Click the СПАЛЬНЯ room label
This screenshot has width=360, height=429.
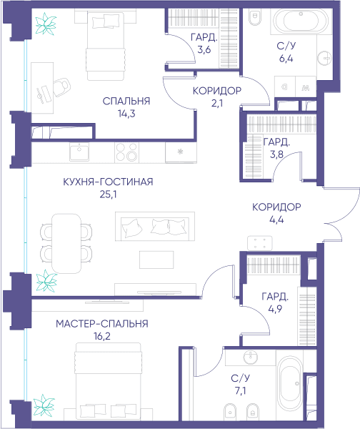(x=126, y=102)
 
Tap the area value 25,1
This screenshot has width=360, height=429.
(x=109, y=194)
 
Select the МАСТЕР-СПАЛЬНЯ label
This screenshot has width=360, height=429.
(x=102, y=324)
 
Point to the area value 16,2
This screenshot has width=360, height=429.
(x=102, y=336)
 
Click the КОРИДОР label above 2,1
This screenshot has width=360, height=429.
(x=217, y=91)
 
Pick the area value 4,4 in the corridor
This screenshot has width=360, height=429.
(x=276, y=220)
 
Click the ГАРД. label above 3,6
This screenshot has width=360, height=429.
(x=204, y=37)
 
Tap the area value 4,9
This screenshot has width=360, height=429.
(x=275, y=309)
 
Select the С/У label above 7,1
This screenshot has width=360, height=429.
(x=240, y=378)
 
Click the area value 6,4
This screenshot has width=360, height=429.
(x=286, y=59)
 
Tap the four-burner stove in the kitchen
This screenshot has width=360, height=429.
(x=126, y=153)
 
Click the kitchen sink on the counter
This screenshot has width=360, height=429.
(x=79, y=152)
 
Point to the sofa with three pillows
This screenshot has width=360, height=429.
(x=155, y=226)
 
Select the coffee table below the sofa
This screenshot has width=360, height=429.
(x=156, y=260)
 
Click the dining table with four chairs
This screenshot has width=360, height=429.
(x=66, y=244)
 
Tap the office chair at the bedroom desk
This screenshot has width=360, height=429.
(x=62, y=87)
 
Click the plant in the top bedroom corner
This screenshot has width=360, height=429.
(x=46, y=24)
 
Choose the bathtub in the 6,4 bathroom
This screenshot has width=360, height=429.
(x=301, y=21)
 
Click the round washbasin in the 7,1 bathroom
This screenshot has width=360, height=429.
(x=251, y=357)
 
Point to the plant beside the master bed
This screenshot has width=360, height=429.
(x=44, y=405)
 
